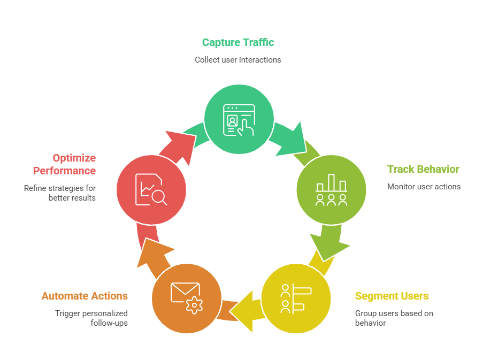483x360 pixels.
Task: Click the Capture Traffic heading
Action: [238, 42]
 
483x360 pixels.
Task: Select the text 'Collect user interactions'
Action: [238, 60]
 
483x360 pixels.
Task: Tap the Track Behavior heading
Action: [423, 169]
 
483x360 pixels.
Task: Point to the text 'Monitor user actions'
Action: [424, 187]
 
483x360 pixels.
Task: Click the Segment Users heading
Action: [392, 296]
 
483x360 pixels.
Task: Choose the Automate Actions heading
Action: [85, 296]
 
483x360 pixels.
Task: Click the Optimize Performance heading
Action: [65, 164]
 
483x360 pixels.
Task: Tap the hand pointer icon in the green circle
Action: [245, 127]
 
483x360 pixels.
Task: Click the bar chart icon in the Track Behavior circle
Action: [331, 183]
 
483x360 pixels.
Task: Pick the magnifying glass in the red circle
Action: [159, 198]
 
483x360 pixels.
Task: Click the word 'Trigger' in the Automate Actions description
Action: [67, 313]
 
